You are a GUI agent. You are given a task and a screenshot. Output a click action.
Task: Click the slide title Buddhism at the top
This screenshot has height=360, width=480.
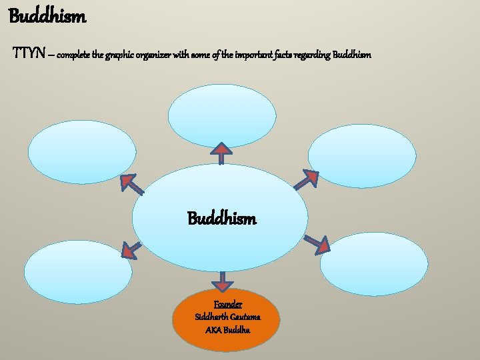pos(47,16)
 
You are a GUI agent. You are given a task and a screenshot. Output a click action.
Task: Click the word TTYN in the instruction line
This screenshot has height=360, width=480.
pos(29,53)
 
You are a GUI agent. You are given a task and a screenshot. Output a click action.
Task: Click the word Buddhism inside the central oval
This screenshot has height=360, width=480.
pos(221,219)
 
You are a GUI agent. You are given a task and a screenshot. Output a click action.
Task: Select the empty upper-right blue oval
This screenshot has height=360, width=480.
pos(363,156)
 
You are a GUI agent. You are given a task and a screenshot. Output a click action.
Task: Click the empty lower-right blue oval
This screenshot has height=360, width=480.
pos(373,264)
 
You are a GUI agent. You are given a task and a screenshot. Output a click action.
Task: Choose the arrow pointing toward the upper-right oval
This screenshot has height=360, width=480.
pos(306,179)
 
